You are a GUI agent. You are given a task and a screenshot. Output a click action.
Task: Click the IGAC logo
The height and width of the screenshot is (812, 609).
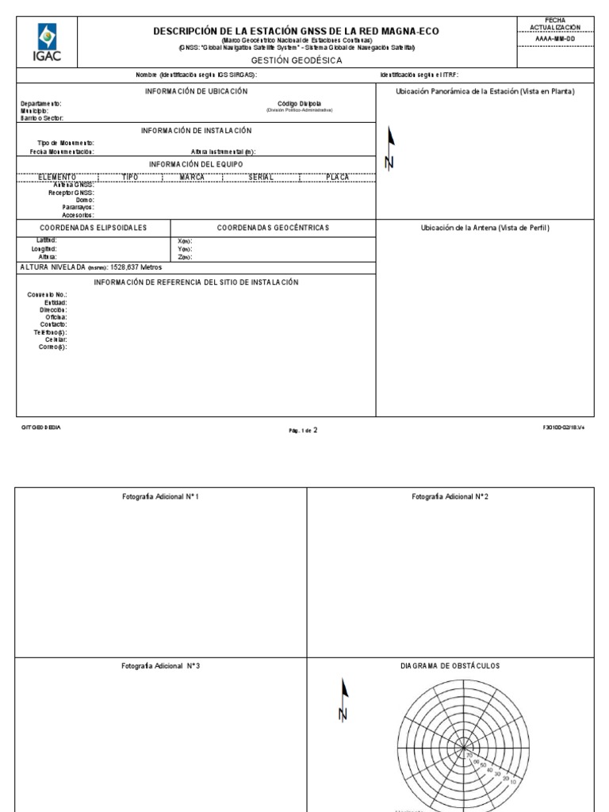[x=48, y=42]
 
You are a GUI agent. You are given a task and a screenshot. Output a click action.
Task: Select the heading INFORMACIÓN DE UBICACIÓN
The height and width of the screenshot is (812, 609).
[x=196, y=91]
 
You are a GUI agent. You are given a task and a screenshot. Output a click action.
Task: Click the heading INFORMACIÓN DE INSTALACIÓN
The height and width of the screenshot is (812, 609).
[x=196, y=130]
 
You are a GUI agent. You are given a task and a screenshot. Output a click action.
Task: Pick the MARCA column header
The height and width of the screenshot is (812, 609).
[x=193, y=177]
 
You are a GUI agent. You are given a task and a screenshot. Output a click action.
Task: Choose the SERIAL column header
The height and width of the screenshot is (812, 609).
[x=261, y=177]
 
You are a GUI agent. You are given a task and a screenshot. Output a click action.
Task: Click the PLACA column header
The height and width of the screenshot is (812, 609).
[x=337, y=177]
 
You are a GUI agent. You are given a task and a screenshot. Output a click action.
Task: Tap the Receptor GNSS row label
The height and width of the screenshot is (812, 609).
[x=72, y=193]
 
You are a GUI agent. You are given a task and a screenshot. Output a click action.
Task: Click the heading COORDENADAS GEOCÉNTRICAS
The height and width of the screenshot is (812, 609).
[x=273, y=228]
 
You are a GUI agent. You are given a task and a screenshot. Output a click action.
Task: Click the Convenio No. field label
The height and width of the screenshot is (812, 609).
[x=47, y=295]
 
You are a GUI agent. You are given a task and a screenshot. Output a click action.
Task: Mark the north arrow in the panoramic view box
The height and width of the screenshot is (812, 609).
[x=389, y=147]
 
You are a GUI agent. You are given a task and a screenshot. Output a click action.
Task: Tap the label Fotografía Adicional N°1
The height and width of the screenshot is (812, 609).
[x=161, y=496]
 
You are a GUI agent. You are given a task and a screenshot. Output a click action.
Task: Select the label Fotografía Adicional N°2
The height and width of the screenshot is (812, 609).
[x=450, y=496]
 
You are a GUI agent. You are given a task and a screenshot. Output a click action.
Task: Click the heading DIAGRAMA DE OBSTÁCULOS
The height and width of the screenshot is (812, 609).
[x=450, y=666]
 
